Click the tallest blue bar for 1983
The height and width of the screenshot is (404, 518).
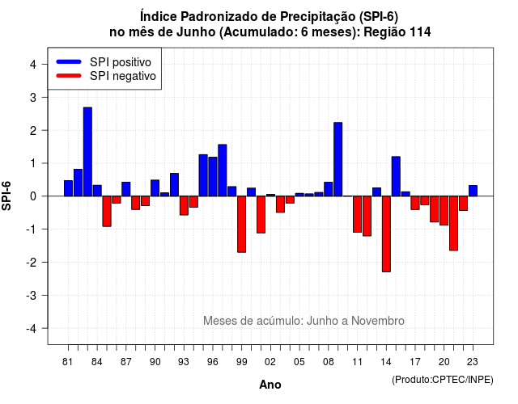tap(87, 152)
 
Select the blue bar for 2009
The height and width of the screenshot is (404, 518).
tap(338, 159)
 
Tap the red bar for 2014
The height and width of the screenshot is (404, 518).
tap(386, 234)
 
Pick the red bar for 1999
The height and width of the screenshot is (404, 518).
tap(241, 225)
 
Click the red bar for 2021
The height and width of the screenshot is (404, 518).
tap(453, 223)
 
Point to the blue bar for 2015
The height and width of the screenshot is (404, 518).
tap(396, 176)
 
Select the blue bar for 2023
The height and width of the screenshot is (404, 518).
tap(473, 191)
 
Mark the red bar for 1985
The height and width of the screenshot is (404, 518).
tap(107, 211)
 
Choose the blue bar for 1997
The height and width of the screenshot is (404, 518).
tap(223, 170)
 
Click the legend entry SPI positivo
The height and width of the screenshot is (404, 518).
tap(121, 62)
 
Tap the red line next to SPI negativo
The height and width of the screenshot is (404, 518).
tap(69, 76)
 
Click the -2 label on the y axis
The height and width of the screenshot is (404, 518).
tap(32, 262)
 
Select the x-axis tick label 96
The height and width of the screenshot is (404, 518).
tap(212, 362)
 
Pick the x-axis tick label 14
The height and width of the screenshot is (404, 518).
tap(386, 362)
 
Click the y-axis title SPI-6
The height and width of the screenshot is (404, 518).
tap(6, 196)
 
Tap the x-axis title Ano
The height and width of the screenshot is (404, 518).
tap(270, 385)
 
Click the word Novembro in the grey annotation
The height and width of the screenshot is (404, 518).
tap(378, 321)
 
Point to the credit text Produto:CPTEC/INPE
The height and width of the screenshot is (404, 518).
tap(443, 380)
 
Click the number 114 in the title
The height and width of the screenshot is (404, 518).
tap(420, 32)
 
